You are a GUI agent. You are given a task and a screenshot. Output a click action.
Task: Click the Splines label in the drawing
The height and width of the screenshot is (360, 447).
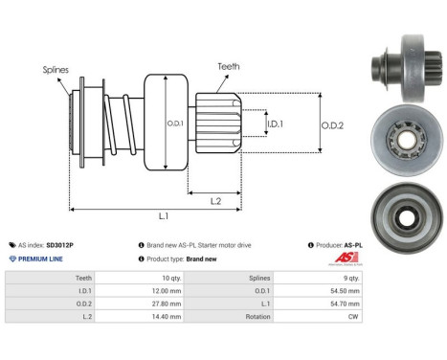(x=55, y=70)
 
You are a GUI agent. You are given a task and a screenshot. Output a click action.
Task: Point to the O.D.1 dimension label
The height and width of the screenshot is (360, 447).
(x=175, y=124)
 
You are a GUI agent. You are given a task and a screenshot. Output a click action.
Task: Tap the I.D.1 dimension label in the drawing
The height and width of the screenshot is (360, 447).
(x=274, y=124)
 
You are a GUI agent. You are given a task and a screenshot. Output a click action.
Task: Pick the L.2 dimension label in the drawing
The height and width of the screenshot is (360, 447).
(x=216, y=199)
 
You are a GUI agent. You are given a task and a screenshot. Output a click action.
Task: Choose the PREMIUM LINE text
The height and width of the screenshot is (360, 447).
(x=39, y=259)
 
